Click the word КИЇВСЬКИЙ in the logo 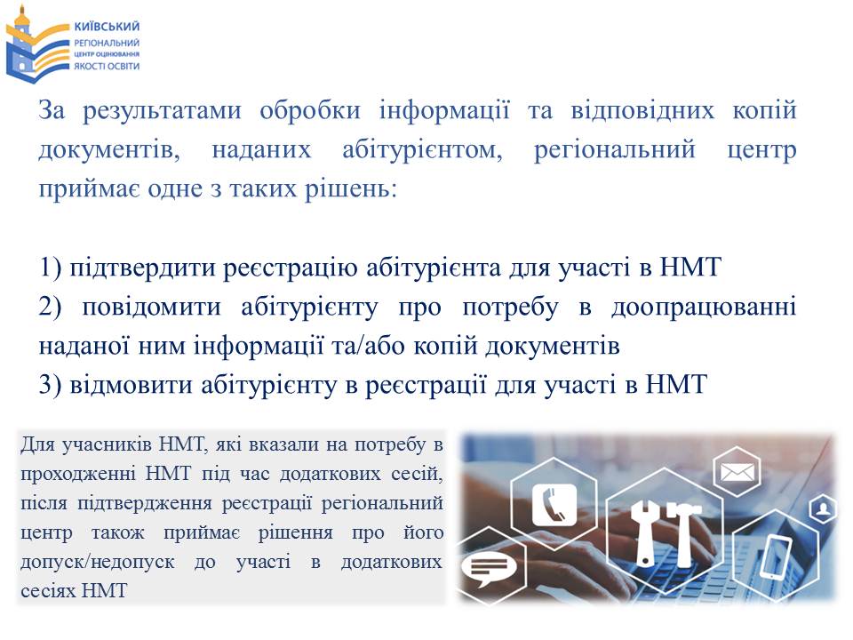click(x=107, y=26)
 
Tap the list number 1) click(x=50, y=268)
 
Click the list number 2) click(x=50, y=307)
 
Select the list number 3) click(x=50, y=385)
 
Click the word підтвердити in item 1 click(x=142, y=268)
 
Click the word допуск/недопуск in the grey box click(x=98, y=561)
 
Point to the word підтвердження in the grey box click(x=145, y=503)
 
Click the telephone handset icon click(x=554, y=505)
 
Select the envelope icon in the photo click(x=737, y=471)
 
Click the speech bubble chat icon click(x=488, y=568)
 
